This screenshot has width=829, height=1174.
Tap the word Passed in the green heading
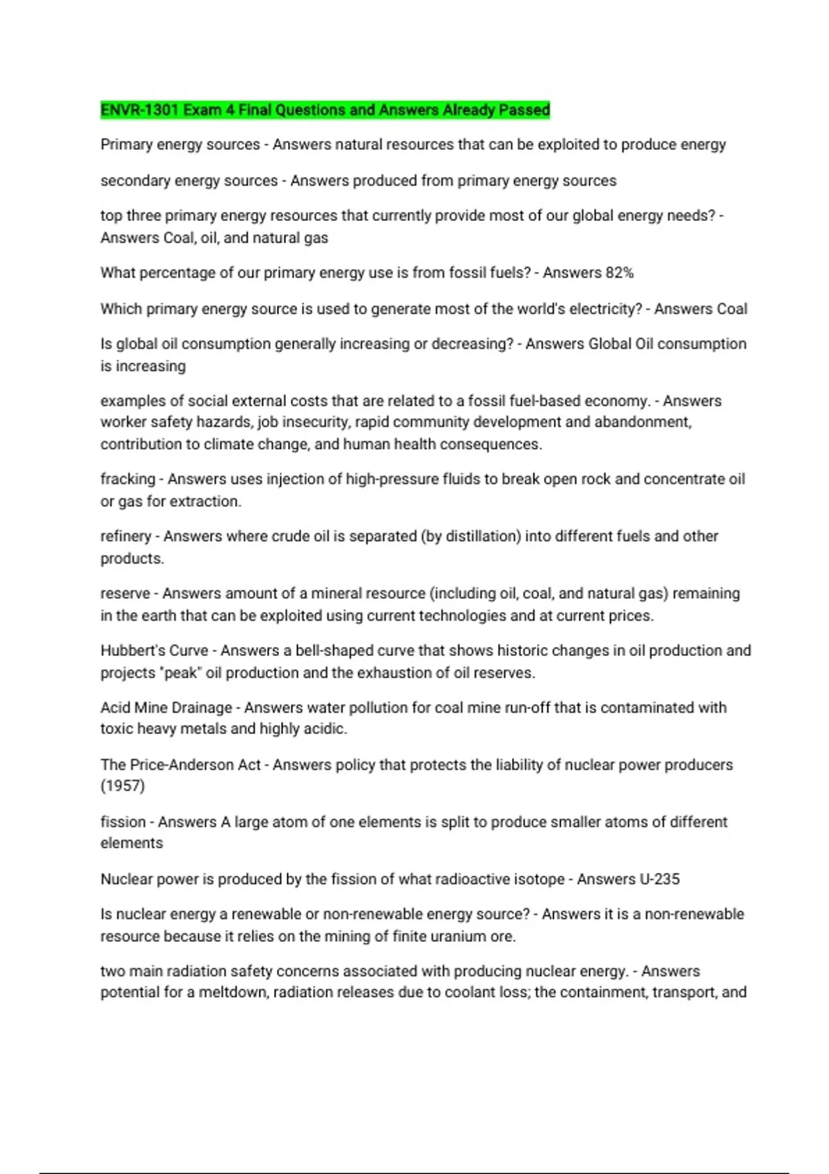coord(526,110)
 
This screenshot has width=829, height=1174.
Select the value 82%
coord(620,273)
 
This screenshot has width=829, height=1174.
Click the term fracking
coord(127,479)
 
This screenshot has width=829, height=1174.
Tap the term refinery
coord(125,537)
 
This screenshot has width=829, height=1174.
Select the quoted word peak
coord(180,673)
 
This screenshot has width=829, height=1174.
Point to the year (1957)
coord(122,786)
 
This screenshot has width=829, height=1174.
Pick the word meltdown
coord(231,992)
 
